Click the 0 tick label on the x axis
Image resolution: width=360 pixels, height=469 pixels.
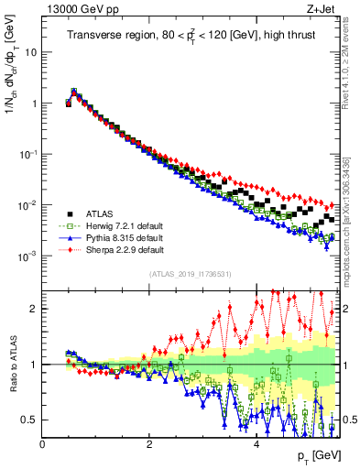click(42, 444)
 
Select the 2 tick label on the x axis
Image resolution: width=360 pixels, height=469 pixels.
click(149, 444)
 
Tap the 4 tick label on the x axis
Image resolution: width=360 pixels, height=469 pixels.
click(256, 444)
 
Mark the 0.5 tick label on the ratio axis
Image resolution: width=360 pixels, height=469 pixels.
click(28, 420)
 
